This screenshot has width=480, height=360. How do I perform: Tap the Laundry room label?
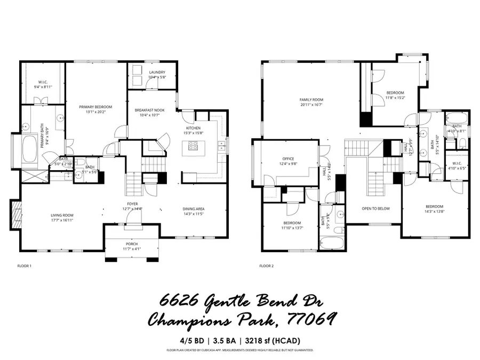click(x=157, y=72)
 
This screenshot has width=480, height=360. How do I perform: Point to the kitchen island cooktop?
click(x=191, y=145)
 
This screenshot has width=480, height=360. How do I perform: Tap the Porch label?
click(x=132, y=244)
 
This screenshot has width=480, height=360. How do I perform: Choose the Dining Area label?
click(x=194, y=209)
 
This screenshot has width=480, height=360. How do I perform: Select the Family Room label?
click(x=311, y=100)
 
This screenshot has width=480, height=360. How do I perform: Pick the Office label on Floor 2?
click(x=288, y=159)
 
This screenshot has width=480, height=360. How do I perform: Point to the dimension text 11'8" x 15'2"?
click(x=395, y=98)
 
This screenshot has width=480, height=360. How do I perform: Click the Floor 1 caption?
click(x=25, y=265)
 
